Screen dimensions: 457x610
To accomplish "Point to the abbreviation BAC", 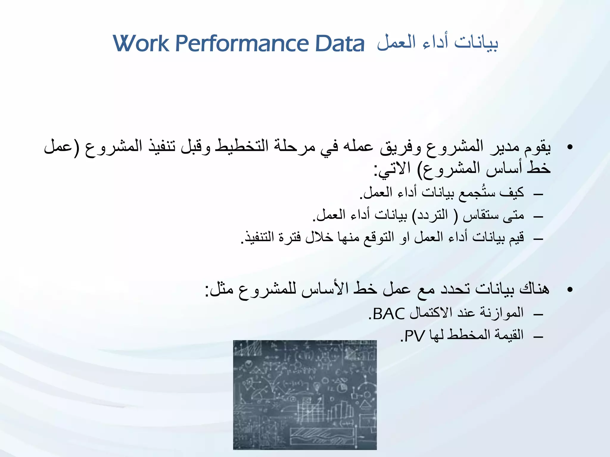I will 389,314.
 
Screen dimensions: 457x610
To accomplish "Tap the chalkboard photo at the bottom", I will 305,395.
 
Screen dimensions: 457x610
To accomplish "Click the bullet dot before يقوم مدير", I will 570,147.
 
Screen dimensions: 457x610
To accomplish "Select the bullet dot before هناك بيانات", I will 570,289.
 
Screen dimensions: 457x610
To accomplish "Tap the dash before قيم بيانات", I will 539,239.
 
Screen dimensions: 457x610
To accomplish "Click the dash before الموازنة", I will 539,314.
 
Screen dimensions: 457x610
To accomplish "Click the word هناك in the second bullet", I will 534,289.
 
